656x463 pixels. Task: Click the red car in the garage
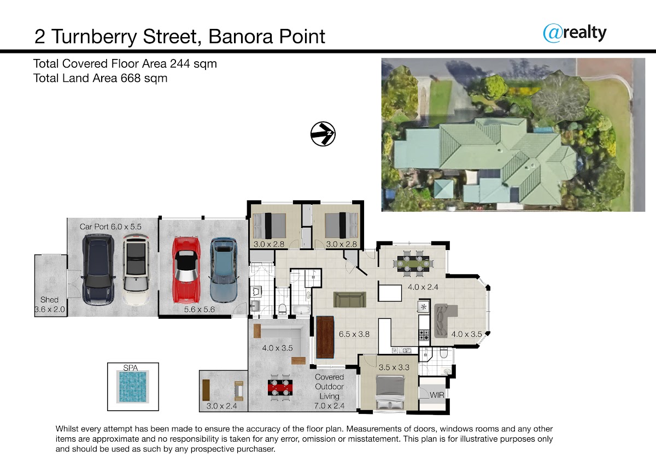tap(186, 270)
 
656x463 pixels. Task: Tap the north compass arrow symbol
tap(323, 134)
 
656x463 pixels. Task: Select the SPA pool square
tap(133, 387)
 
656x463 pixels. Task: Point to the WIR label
tap(437, 395)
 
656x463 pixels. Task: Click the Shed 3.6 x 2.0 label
tap(50, 305)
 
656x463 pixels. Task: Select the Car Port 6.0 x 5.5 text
tap(110, 227)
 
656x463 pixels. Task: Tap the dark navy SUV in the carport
tap(98, 269)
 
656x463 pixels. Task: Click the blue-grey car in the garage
tap(224, 270)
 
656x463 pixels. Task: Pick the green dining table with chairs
tap(413, 263)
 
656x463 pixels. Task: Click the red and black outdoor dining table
tap(280, 387)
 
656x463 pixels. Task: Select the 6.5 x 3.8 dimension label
tap(354, 334)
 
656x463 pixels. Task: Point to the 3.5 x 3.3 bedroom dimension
tap(394, 367)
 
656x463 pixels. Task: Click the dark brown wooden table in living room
tap(325, 337)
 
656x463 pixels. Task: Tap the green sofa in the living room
tap(350, 299)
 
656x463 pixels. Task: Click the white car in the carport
tap(136, 270)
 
